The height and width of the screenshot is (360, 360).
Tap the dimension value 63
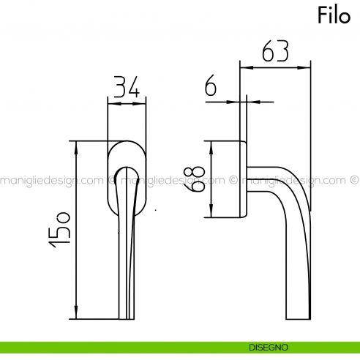pyautogui.click(x=275, y=52)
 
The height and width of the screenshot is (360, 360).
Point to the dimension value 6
pyautogui.click(x=211, y=87)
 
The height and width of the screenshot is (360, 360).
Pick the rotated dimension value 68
pyautogui.click(x=195, y=179)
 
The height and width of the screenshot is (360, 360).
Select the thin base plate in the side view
pyautogui.click(x=244, y=179)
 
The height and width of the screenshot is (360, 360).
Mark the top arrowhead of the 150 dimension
pyautogui.click(x=76, y=144)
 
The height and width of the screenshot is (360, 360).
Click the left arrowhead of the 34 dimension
pyautogui.click(x=111, y=103)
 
